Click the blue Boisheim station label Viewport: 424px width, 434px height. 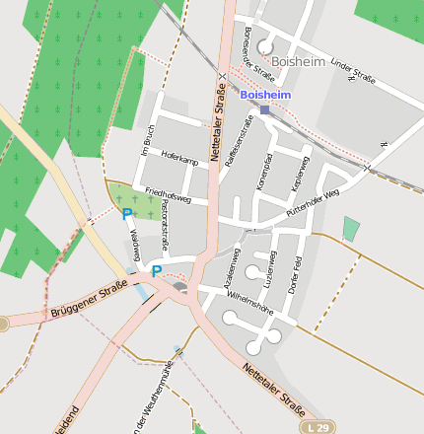(x=265, y=95)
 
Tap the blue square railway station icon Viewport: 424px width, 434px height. (x=264, y=109)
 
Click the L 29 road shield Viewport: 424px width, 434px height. (x=316, y=427)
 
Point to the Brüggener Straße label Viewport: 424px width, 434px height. (x=89, y=300)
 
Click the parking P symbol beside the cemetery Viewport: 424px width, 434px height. (x=126, y=213)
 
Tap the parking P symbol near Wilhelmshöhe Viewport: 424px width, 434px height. (x=156, y=269)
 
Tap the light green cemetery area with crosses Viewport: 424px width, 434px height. (x=140, y=203)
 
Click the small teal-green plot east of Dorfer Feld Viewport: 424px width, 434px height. (x=351, y=229)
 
